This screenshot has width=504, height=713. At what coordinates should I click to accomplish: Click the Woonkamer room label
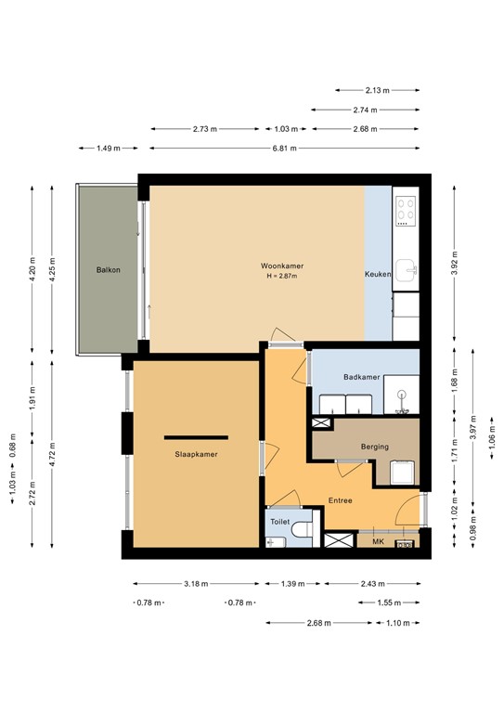tap(282, 266)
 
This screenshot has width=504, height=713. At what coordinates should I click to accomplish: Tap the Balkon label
tap(109, 270)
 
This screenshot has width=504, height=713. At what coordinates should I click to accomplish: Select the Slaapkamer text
tap(197, 454)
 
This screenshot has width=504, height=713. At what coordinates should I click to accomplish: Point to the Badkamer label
tap(362, 377)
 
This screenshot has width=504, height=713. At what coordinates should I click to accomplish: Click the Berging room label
tap(375, 447)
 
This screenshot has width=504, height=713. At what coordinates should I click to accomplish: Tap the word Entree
tap(341, 500)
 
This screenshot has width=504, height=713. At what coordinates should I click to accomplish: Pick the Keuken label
tap(378, 274)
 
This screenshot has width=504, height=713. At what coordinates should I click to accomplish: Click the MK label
tap(378, 541)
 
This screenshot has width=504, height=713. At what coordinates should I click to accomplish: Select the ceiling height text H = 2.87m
tap(282, 276)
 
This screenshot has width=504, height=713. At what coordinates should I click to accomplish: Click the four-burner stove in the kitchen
tap(406, 211)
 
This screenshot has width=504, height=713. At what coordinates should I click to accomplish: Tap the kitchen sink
tap(406, 270)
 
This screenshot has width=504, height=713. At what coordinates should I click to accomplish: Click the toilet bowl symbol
tap(303, 529)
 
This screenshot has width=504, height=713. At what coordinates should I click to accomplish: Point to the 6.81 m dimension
tap(285, 149)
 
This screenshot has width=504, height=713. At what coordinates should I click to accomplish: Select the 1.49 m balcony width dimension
tap(109, 149)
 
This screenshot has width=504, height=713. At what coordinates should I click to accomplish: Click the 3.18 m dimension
tap(197, 584)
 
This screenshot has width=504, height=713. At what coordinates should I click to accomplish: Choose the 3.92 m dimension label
tap(455, 264)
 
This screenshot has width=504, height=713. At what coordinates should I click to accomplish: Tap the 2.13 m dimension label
tap(378, 90)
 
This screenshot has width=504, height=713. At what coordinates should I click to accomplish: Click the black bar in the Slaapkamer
tap(197, 437)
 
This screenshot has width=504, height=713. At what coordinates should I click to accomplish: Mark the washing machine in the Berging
tap(403, 473)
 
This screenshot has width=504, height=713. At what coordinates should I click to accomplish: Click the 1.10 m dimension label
tap(398, 623)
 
